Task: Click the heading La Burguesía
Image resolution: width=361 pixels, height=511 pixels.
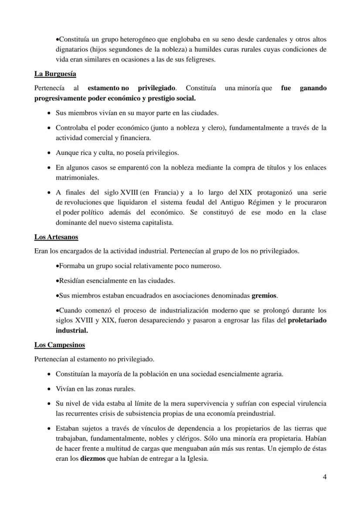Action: click(x=55, y=74)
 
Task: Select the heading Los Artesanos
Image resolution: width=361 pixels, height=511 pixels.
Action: click(x=56, y=237)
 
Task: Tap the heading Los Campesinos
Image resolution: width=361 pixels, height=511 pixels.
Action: click(x=59, y=345)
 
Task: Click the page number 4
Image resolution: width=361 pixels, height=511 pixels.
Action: click(x=324, y=477)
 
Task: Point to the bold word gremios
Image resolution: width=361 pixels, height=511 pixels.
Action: click(x=264, y=295)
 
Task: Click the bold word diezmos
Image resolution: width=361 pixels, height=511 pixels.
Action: click(x=92, y=459)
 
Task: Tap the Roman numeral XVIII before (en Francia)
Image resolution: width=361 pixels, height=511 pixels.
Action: click(x=129, y=192)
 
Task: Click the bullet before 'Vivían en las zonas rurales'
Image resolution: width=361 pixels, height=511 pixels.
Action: click(x=48, y=389)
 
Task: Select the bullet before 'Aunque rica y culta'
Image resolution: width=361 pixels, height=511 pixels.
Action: click(x=48, y=153)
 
